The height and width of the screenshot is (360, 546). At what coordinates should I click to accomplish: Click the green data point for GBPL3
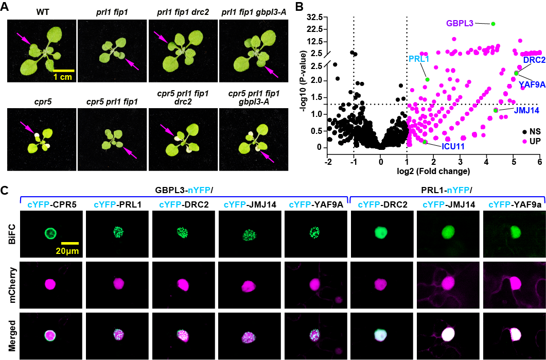coord(493,24)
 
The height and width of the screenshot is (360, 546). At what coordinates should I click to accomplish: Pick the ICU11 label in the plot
coord(454,146)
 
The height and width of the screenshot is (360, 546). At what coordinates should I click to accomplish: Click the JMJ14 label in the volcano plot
coord(525,110)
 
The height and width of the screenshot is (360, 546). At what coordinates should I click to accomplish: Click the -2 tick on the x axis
coord(327,161)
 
